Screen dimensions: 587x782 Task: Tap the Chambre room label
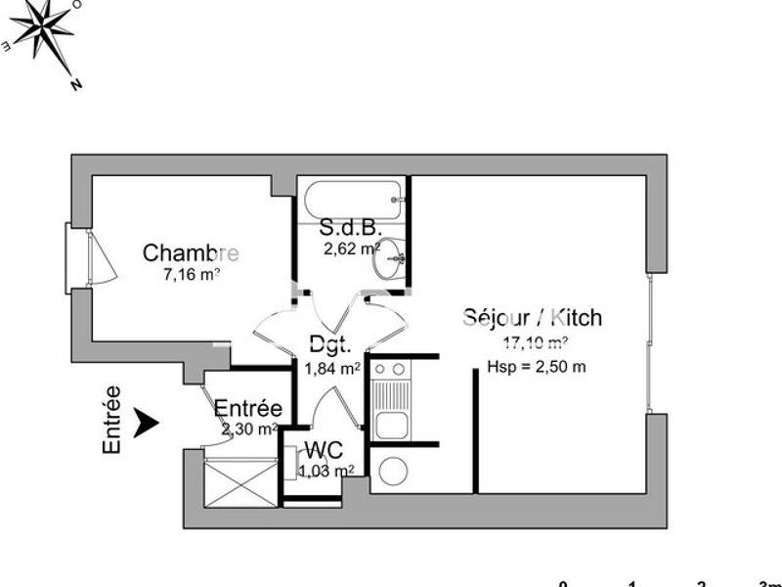(x=191, y=253)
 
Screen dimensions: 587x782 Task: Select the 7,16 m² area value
(x=192, y=274)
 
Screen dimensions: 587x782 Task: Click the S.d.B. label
(x=349, y=228)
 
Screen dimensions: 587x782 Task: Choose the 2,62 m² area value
(x=352, y=248)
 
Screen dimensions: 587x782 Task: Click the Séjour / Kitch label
(x=533, y=318)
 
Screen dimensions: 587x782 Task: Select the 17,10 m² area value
(x=536, y=342)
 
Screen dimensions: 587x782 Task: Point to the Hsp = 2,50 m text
(x=537, y=367)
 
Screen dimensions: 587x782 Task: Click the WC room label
(x=323, y=451)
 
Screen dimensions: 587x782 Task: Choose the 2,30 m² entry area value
(x=248, y=429)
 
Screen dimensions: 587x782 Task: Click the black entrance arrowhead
(x=146, y=423)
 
